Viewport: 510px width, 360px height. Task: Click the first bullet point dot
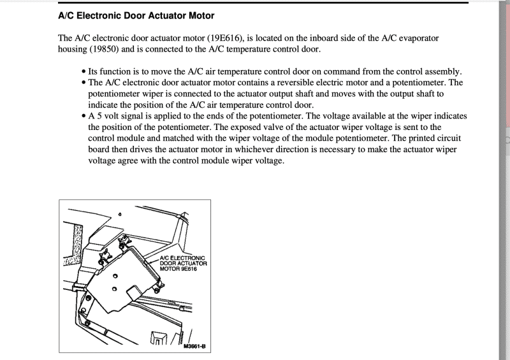click(84, 72)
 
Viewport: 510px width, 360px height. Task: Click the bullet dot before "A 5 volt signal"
click(84, 116)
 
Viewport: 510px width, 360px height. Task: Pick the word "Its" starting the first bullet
click(94, 72)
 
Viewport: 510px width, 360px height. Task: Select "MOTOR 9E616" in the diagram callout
click(178, 268)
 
